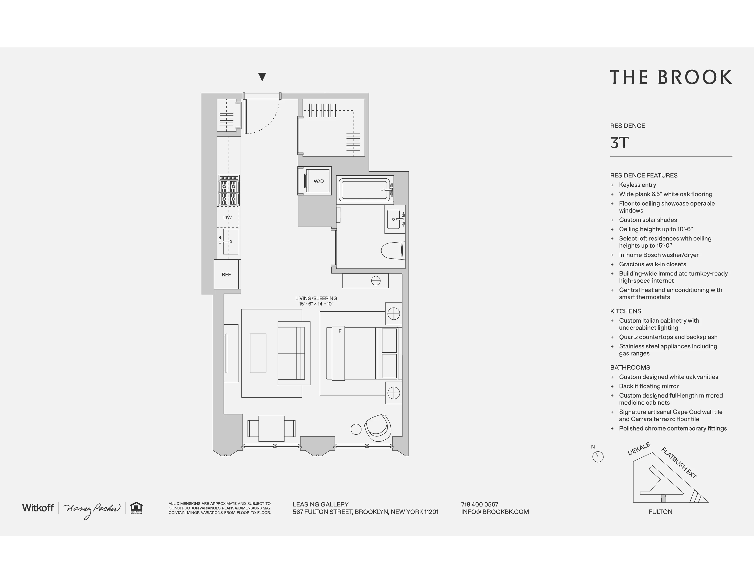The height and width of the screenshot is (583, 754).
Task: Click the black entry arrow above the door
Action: [262, 77]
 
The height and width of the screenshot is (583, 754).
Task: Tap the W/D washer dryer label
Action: [318, 181]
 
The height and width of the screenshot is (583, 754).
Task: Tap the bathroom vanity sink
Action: [394, 219]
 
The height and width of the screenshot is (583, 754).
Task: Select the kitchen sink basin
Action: [231, 241]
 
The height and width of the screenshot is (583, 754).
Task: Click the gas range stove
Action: [228, 190]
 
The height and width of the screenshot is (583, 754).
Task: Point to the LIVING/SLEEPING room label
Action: [316, 298]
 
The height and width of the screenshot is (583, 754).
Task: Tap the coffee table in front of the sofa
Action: [258, 353]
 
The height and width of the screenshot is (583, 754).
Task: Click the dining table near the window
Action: [271, 428]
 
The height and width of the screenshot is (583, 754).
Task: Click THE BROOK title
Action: [671, 77]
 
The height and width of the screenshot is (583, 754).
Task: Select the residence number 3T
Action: [619, 143]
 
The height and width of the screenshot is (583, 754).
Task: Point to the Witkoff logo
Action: [38, 508]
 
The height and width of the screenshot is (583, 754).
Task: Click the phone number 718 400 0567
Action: [480, 504]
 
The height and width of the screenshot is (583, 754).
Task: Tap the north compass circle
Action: [598, 457]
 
